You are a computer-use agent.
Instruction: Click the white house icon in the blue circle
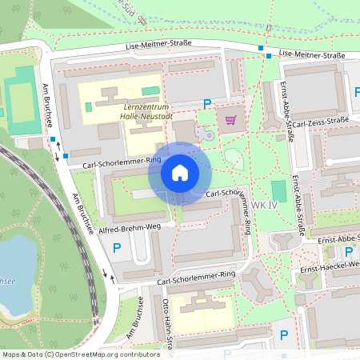(x=179, y=173)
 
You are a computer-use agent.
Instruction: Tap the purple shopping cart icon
(x=231, y=120)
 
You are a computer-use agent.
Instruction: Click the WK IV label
(x=263, y=206)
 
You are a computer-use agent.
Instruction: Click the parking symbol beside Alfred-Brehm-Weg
(x=117, y=249)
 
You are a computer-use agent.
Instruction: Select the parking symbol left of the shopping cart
(x=208, y=103)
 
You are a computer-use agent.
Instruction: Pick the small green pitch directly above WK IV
(x=278, y=190)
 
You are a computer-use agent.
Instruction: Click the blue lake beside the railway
(x=12, y=276)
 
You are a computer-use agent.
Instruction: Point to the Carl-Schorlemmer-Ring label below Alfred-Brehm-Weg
(x=196, y=274)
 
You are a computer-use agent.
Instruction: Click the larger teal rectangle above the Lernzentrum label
(x=150, y=90)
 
